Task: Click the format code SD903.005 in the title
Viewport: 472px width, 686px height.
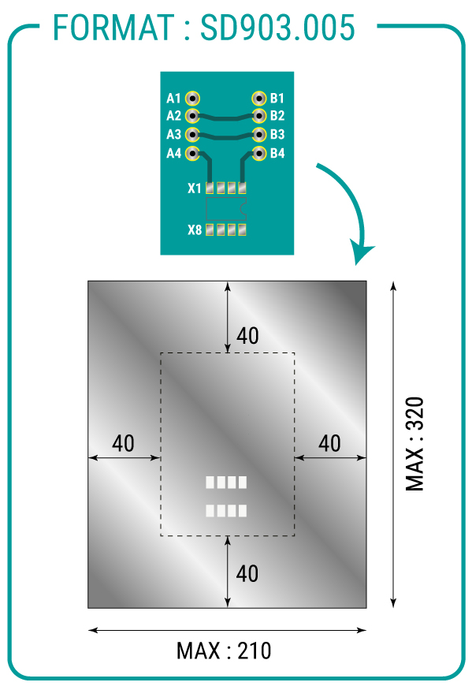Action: click(x=277, y=28)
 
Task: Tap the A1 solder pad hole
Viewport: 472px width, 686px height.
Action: click(x=192, y=99)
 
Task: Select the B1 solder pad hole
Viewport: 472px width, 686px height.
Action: click(x=259, y=99)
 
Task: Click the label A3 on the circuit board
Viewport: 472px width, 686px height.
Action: click(x=173, y=134)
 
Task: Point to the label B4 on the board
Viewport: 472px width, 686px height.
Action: click(x=277, y=153)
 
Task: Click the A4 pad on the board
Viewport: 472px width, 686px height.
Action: click(x=192, y=154)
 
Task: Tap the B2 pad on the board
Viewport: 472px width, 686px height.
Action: click(x=259, y=116)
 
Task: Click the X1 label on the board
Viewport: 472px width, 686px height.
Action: click(x=194, y=188)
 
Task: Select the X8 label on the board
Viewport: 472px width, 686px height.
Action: click(x=195, y=229)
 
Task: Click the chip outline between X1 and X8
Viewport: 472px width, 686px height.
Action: click(x=226, y=209)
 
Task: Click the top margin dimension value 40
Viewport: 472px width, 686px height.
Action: click(x=247, y=336)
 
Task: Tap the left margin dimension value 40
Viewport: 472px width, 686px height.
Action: click(x=123, y=443)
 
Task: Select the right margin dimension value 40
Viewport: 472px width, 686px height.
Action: click(x=329, y=443)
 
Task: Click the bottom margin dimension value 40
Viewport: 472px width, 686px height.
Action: click(x=247, y=573)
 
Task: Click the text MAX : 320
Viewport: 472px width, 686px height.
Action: click(x=414, y=444)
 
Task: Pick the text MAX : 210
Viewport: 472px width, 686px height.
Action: click(x=224, y=651)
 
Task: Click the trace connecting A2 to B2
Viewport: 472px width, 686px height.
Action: click(x=226, y=117)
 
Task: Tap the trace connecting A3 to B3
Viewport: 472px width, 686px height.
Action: click(x=226, y=136)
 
